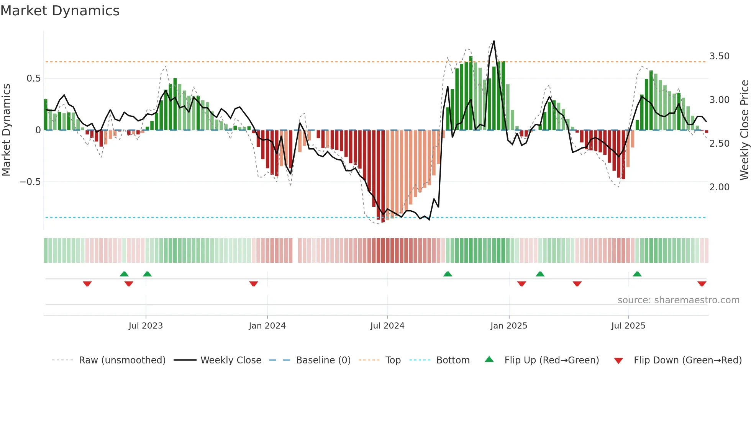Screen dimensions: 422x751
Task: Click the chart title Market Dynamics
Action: [60, 11]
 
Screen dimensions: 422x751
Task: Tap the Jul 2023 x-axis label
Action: [146, 325]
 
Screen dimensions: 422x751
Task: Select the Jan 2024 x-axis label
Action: [267, 325]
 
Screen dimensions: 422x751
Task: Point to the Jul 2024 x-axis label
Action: [387, 325]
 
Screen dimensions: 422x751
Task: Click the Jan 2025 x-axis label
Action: [508, 325]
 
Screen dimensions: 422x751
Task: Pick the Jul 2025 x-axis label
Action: [628, 325]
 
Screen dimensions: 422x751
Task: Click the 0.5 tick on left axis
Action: [33, 79]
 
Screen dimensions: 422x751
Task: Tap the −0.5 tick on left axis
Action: [30, 182]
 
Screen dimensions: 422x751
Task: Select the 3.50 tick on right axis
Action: [719, 56]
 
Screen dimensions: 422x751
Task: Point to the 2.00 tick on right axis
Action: [719, 187]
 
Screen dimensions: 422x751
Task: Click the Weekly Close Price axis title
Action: [744, 130]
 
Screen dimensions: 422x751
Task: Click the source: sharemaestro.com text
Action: [678, 300]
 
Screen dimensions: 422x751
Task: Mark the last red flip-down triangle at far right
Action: [702, 284]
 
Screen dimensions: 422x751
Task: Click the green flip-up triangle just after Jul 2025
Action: [637, 274]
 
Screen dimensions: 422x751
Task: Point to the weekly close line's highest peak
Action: [494, 41]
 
